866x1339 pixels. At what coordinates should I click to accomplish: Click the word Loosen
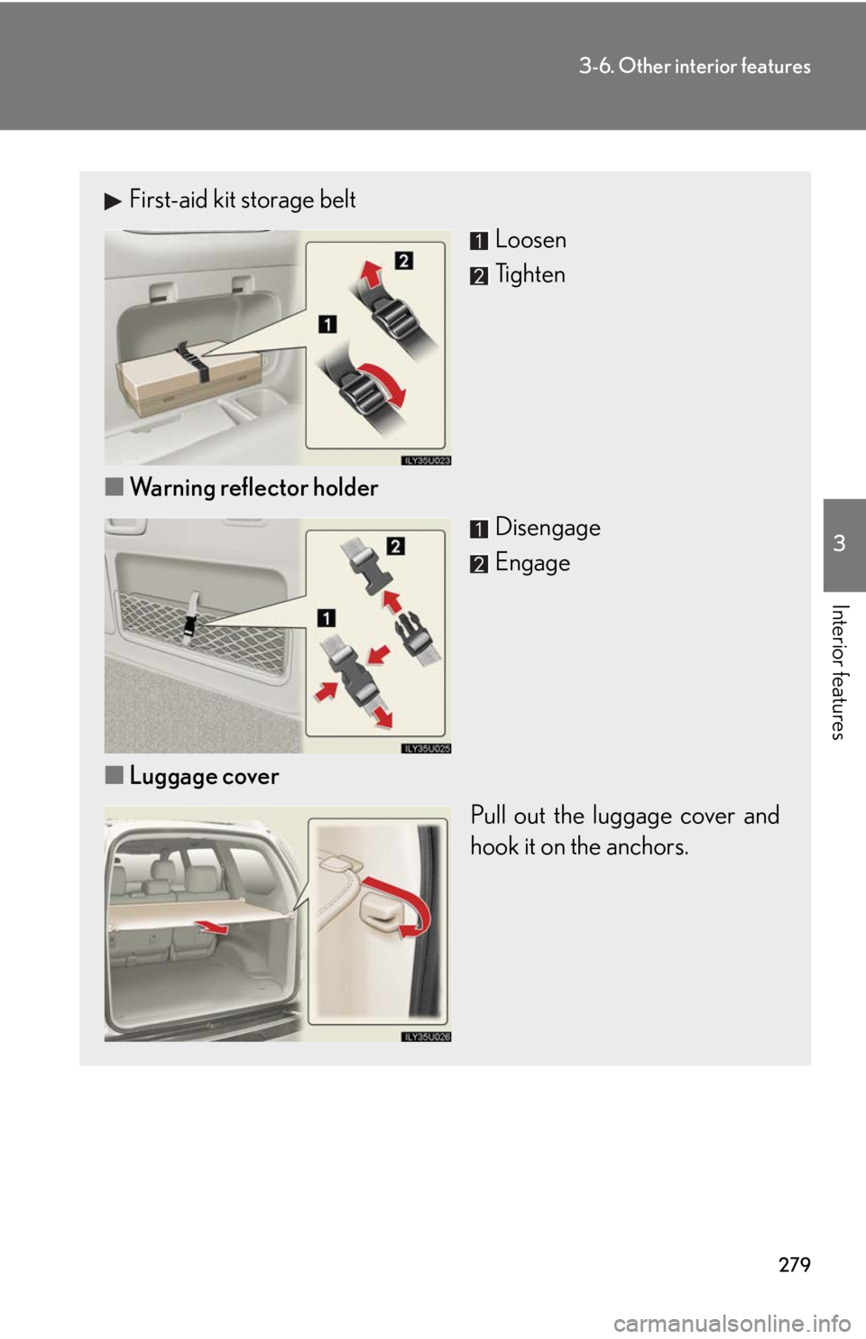tap(530, 240)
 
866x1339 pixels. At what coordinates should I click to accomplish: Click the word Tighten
tap(530, 274)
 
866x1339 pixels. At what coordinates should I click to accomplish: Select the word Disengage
tap(548, 528)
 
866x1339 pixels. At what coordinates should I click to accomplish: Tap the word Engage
tap(532, 563)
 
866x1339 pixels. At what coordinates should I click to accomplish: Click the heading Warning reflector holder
tap(253, 488)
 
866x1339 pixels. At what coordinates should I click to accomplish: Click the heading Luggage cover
tap(204, 777)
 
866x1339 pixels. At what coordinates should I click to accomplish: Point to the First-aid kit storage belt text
tap(242, 199)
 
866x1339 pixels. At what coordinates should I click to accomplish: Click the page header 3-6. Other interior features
tap(695, 66)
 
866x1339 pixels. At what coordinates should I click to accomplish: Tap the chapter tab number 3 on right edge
tap(840, 543)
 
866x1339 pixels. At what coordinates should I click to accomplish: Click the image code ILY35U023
tap(426, 460)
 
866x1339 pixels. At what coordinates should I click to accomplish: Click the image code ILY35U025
tap(426, 748)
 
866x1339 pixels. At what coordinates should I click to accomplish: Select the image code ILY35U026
tap(426, 1037)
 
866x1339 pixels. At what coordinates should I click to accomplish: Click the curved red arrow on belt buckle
tap(385, 379)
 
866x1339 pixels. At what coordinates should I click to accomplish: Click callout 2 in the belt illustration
tap(404, 261)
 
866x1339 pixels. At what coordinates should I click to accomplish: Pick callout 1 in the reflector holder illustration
tap(326, 617)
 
